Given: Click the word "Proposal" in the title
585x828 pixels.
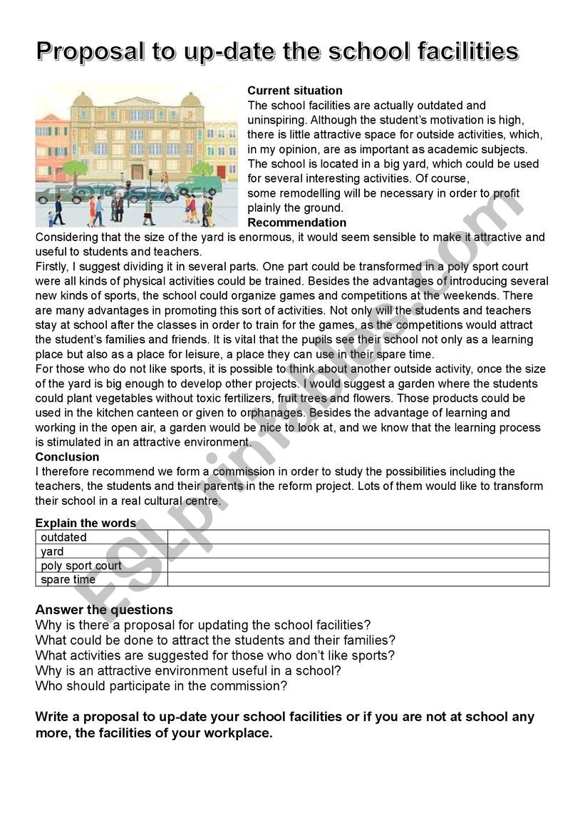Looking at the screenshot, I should point(86,52).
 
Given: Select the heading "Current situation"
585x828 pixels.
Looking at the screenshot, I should point(294,91).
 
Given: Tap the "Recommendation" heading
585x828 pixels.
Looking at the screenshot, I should point(296,223).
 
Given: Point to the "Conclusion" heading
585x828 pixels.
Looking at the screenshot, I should point(67,457).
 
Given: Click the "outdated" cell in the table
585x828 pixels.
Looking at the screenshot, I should point(64,537).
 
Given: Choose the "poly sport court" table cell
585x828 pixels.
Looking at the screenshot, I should point(81,566).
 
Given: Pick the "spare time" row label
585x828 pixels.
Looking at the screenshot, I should point(68,580).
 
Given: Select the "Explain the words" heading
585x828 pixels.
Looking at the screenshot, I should point(86,523).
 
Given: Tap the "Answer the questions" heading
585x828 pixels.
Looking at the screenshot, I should point(104,610).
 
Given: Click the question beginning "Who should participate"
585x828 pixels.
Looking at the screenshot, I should point(161,686).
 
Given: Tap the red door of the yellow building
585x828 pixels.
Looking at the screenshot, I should point(222,172).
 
